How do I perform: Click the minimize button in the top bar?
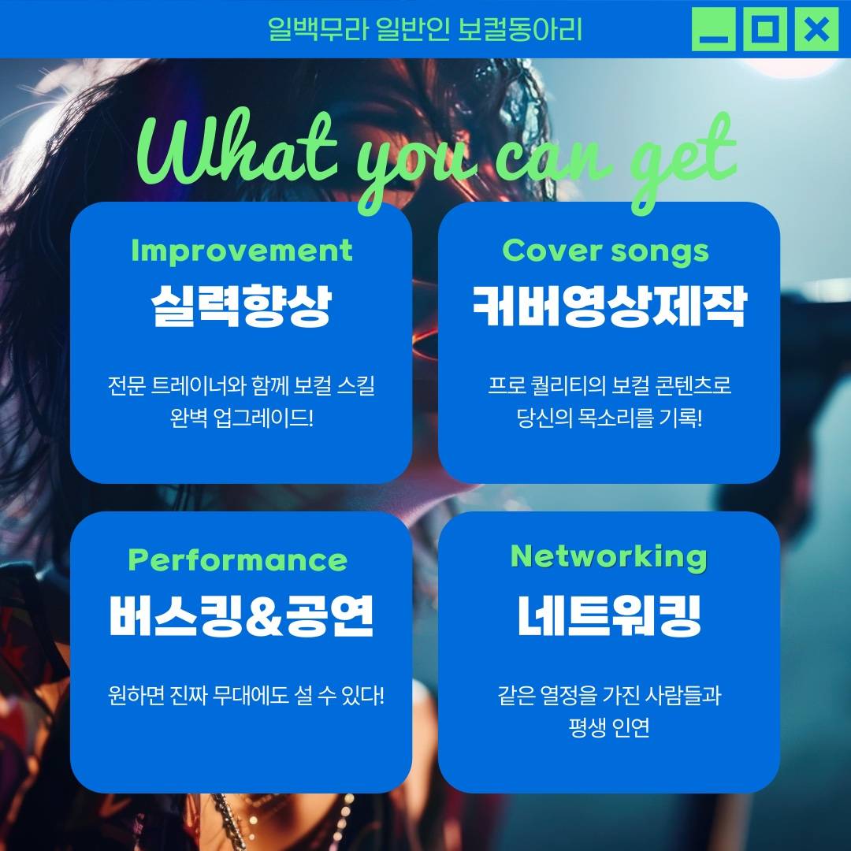(x=713, y=29)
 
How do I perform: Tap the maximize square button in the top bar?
(x=764, y=29)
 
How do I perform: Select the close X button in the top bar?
(x=816, y=29)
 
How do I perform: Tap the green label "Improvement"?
(x=241, y=251)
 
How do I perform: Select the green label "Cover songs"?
(x=605, y=251)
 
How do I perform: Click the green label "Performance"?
(x=237, y=560)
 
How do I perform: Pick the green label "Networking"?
(x=608, y=556)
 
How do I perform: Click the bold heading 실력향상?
(x=241, y=305)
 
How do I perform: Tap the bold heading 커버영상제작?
(x=608, y=305)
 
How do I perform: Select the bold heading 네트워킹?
(x=608, y=615)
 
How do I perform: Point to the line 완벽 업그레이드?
(x=241, y=417)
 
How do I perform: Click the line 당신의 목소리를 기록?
(x=608, y=417)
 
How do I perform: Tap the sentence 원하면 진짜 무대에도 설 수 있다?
(x=246, y=697)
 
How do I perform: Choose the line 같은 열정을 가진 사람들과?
(x=608, y=697)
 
